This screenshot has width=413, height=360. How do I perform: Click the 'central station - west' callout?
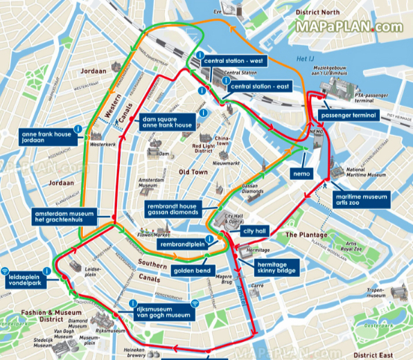tap(234, 61)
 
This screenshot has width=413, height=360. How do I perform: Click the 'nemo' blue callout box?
tap(301, 172)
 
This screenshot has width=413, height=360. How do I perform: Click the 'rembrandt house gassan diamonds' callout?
tap(173, 210)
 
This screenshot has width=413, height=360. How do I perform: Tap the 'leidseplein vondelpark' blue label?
tap(27, 280)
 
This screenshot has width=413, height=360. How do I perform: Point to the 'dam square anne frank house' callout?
tap(166, 122)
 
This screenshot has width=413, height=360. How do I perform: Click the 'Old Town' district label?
tap(193, 171)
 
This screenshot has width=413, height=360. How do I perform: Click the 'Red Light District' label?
tap(204, 149)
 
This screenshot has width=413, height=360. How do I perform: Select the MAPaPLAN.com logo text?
tap(349, 27)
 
